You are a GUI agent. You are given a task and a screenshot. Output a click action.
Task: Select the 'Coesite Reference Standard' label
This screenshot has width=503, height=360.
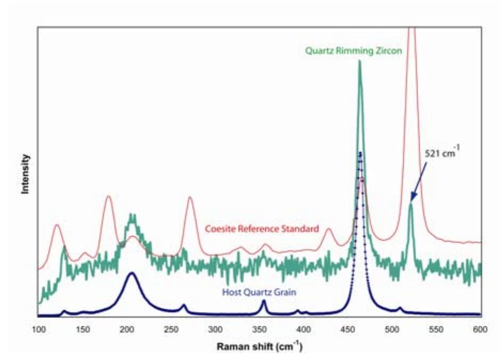[x=262, y=229]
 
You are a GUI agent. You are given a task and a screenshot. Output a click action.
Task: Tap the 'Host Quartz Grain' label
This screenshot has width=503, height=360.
[x=259, y=292]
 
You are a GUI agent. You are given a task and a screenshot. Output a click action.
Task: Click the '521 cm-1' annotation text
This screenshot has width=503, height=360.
[x=442, y=154]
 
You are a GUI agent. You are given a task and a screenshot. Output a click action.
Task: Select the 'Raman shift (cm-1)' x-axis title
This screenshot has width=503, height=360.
[x=260, y=347]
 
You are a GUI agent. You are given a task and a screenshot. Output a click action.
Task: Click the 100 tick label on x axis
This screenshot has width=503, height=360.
[x=38, y=329]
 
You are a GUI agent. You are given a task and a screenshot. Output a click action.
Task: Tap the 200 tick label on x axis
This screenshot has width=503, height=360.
[x=127, y=329]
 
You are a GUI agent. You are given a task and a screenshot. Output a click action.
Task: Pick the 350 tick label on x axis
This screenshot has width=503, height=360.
[x=259, y=329]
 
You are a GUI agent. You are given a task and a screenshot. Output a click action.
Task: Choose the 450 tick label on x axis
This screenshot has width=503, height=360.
[x=348, y=329]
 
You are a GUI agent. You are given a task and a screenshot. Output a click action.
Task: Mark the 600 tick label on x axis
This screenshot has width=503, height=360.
[x=480, y=329]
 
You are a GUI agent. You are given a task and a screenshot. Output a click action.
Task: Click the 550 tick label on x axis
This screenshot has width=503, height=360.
[x=436, y=329]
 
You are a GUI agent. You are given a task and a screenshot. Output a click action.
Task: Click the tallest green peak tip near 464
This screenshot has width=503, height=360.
[x=360, y=61]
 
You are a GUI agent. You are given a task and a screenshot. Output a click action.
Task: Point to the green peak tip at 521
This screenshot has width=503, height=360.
[x=411, y=204]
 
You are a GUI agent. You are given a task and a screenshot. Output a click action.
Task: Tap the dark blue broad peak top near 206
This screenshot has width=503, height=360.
[x=131, y=273]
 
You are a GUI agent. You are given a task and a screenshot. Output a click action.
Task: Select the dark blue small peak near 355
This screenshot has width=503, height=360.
[x=264, y=301]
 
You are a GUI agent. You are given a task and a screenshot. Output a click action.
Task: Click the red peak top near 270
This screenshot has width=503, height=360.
[x=190, y=198]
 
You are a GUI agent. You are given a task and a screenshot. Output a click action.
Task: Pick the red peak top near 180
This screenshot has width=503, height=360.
[x=109, y=196]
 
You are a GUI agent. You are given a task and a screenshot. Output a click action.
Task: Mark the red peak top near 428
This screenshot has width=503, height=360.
[x=329, y=229]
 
